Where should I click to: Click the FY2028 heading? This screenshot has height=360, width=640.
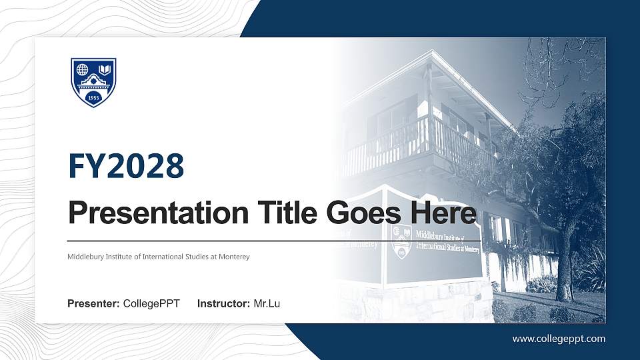[126, 167]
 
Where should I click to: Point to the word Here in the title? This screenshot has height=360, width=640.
[444, 214]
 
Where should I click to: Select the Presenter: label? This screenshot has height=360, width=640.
[93, 304]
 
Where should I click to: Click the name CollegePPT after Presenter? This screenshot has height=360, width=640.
[151, 304]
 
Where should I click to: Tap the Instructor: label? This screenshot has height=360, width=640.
[224, 304]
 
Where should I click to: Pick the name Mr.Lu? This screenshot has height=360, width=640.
[267, 304]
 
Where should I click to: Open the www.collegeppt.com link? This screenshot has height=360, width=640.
[559, 339]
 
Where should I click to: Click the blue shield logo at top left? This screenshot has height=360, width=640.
[93, 82]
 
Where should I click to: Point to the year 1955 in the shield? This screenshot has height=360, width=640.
[93, 97]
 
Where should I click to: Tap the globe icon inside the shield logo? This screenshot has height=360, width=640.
[83, 69]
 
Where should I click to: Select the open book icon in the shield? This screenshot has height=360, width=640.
[104, 69]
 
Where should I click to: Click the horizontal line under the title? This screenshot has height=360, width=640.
[273, 240]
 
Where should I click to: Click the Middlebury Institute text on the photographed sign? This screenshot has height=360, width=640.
[447, 241]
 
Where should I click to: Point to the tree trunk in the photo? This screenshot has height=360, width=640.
[565, 267]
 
